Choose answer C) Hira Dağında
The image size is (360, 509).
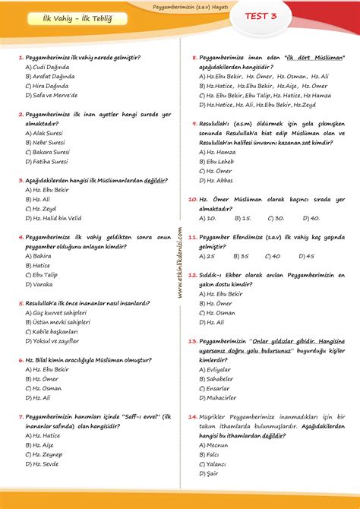(x=50, y=86)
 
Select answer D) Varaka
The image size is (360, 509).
(x=39, y=284)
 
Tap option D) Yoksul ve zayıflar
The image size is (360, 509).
(x=52, y=340)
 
